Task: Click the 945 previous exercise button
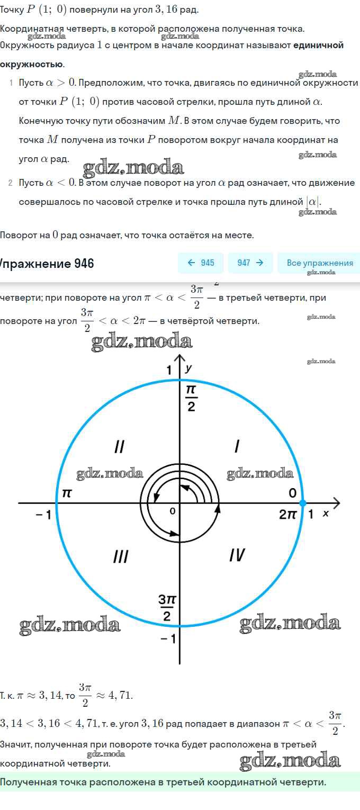[201, 263]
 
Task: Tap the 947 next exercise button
[250, 263]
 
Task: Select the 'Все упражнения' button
[319, 263]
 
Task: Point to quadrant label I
[237, 447]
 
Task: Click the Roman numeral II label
[120, 447]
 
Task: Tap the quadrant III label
[121, 556]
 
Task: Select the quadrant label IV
[237, 555]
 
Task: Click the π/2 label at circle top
[191, 398]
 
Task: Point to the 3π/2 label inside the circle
[167, 608]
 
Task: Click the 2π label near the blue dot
[288, 514]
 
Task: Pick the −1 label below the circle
[167, 639]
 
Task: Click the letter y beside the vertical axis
[188, 367]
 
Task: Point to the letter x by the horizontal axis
[326, 513]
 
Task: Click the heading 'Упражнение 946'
[47, 263]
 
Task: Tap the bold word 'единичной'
[318, 45]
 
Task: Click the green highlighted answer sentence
[163, 782]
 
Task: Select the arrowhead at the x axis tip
[337, 503]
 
